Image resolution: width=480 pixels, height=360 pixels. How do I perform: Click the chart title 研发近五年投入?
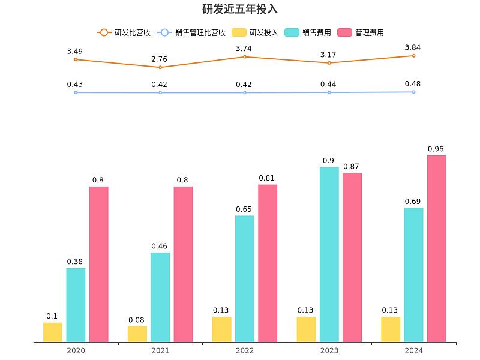coord(240,10)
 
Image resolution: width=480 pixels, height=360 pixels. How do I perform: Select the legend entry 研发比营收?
coord(124,33)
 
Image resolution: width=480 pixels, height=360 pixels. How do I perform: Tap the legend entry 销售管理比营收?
coord(191,33)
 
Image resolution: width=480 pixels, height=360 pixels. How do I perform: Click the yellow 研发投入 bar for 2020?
coord(53,332)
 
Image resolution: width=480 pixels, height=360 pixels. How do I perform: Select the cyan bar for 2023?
coord(329,254)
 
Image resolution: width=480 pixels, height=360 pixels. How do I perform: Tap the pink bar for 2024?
coord(437,249)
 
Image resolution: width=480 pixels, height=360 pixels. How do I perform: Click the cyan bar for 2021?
coord(160,298)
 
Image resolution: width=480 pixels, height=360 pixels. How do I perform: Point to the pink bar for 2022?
coord(268,263)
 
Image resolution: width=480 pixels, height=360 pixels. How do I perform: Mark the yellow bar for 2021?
coord(137,334)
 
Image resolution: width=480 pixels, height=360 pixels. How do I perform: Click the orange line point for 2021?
coord(160,67)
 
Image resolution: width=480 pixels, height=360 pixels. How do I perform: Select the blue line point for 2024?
coord(413,92)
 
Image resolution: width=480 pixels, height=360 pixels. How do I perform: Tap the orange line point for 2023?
coord(329,63)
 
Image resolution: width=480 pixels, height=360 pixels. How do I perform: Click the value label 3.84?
coord(413,47)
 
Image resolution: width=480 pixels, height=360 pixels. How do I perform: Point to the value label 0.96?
coord(436,149)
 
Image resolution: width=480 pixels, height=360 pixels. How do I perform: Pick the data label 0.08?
coord(137,320)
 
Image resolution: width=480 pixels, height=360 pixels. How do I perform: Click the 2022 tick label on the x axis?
coord(245,350)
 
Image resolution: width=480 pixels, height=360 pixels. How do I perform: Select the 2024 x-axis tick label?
coord(413,350)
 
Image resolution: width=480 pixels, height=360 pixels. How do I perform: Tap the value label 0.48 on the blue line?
coord(413,83)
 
